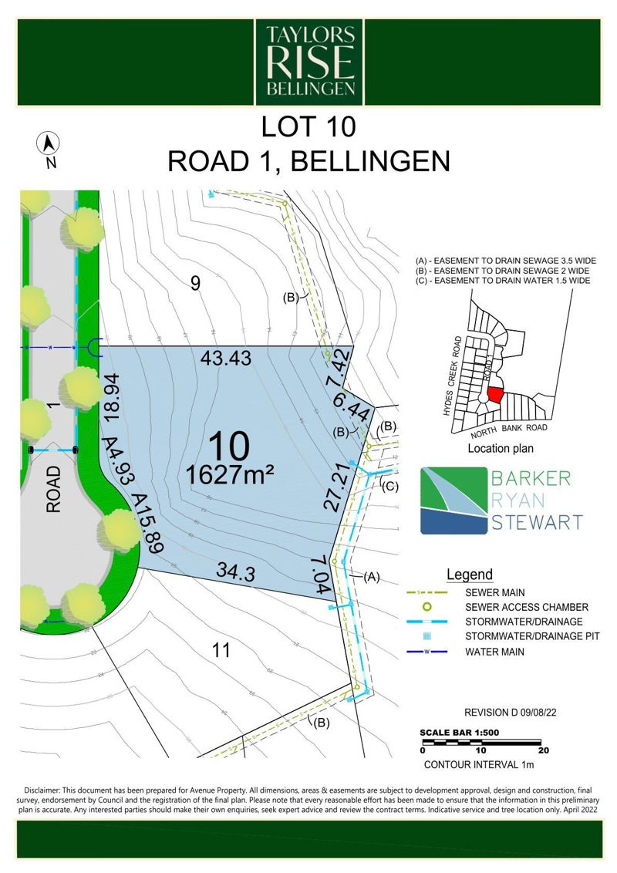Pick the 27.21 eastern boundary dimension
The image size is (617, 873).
(x=335, y=486)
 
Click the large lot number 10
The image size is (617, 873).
(x=229, y=447)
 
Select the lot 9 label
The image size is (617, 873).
(x=195, y=283)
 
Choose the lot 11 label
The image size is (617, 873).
(x=221, y=650)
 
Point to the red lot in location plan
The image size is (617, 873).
(x=494, y=396)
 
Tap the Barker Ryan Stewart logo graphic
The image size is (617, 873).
(x=454, y=501)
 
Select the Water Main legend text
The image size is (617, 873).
(x=494, y=652)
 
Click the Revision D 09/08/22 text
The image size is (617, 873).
(x=510, y=713)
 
